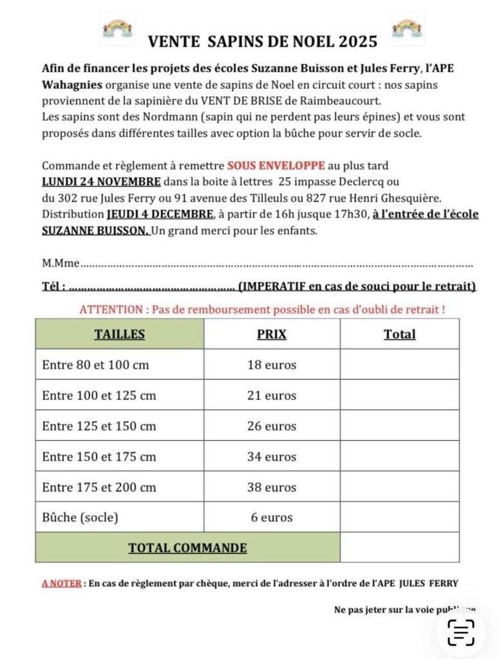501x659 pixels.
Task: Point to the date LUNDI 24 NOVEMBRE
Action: click(102, 181)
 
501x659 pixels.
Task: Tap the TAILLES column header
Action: click(120, 334)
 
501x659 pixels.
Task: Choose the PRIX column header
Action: click(272, 334)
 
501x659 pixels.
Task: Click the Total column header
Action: click(399, 334)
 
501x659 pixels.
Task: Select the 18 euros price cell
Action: click(272, 365)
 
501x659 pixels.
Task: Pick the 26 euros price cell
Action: click(272, 426)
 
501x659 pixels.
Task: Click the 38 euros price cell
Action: click(272, 487)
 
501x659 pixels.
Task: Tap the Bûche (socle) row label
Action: click(80, 517)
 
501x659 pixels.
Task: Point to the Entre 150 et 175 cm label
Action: click(99, 457)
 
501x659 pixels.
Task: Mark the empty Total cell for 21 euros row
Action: click(399, 395)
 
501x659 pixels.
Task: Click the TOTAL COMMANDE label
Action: click(187, 548)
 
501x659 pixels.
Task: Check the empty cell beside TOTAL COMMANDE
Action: click(399, 548)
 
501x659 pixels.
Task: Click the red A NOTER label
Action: click(62, 584)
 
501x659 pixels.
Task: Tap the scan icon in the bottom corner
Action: click(461, 632)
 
